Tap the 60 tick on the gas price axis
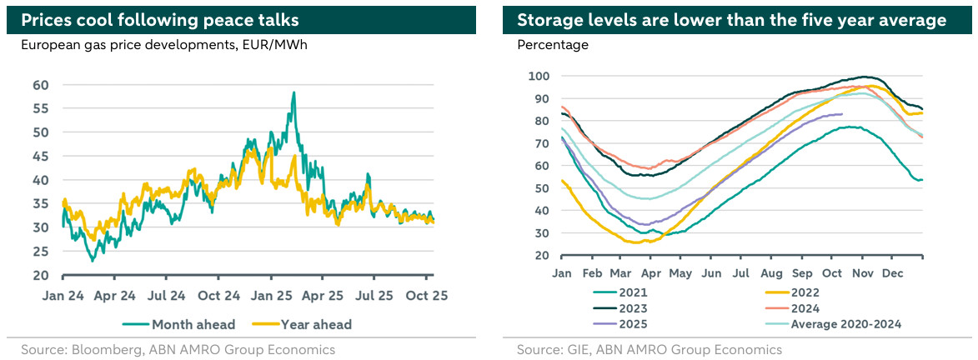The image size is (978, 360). (40, 85)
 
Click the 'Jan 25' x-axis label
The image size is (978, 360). (272, 295)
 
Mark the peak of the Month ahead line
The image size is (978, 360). (293, 92)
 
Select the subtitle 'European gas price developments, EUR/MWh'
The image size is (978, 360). (164, 45)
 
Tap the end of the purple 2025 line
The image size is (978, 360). (843, 114)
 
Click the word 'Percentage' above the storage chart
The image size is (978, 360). (553, 45)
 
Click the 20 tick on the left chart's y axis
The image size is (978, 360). (40, 275)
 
